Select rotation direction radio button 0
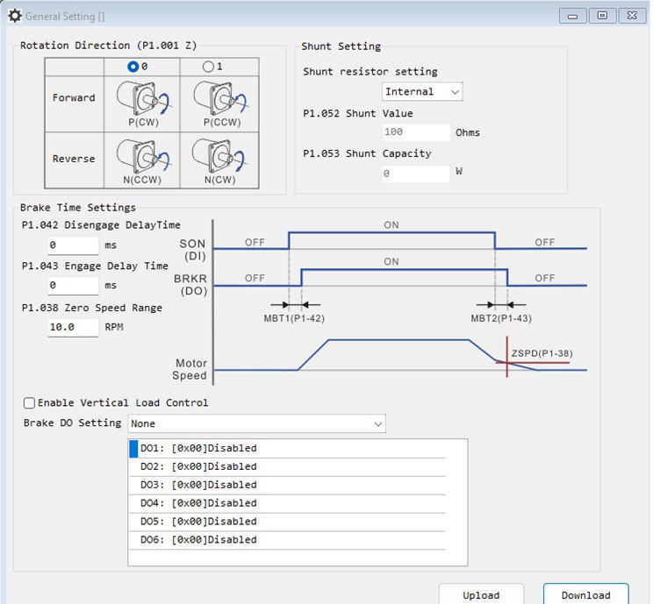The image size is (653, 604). click(x=133, y=67)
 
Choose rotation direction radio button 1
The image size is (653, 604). click(x=208, y=67)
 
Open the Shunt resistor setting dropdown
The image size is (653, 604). click(x=422, y=91)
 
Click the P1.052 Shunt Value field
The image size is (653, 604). click(x=416, y=132)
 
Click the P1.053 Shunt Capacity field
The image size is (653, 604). click(x=416, y=174)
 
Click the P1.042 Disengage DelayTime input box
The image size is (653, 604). click(x=73, y=245)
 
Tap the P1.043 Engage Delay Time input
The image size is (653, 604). click(x=73, y=286)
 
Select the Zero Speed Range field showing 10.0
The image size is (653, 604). click(x=73, y=327)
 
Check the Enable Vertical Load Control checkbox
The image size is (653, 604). click(x=29, y=403)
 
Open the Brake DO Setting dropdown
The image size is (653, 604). click(x=256, y=423)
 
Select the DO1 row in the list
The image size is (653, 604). click(x=287, y=449)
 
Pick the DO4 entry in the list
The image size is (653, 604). click(x=287, y=503)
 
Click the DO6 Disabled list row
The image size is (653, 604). click(x=287, y=540)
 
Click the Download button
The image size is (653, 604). click(x=586, y=594)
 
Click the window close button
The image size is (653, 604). click(x=632, y=16)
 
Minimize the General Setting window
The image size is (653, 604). click(x=572, y=16)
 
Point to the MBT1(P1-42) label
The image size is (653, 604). click(x=294, y=318)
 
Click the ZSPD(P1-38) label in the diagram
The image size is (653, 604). click(x=542, y=353)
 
